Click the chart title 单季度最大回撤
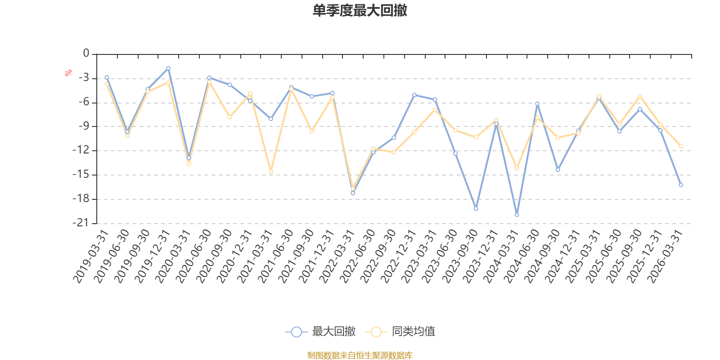click(x=360, y=11)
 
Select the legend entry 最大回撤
click(x=320, y=332)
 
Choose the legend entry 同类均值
click(x=400, y=332)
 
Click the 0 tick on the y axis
click(x=86, y=54)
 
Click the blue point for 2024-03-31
click(x=517, y=215)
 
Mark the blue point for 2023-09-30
click(x=476, y=208)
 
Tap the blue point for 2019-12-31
click(x=168, y=68)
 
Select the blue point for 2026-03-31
click(x=681, y=185)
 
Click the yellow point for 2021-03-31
click(x=271, y=171)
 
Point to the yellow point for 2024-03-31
click(x=517, y=168)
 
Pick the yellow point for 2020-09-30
click(x=229, y=117)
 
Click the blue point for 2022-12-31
click(x=414, y=95)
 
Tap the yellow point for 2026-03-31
click(x=681, y=146)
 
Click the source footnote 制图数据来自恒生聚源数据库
click(x=360, y=355)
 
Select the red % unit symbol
click(x=68, y=73)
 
